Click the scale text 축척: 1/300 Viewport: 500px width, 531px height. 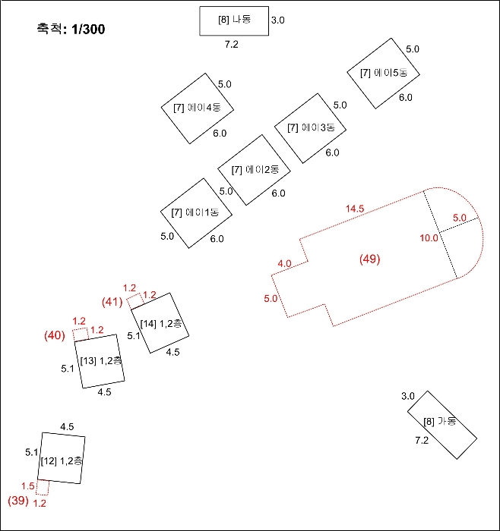[71, 30]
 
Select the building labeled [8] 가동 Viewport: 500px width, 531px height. [441, 424]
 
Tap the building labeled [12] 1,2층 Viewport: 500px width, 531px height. [62, 460]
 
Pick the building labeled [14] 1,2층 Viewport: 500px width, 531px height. [163, 323]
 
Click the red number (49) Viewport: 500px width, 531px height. [369, 259]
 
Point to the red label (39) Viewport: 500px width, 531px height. [17, 501]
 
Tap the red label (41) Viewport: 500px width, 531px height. [112, 302]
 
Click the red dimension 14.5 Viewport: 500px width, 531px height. [355, 209]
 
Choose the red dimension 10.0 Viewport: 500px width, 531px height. [429, 238]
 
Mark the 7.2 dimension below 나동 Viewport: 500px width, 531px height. [231, 46]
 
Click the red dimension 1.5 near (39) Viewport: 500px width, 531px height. [28, 486]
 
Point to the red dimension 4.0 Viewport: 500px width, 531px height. [285, 263]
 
